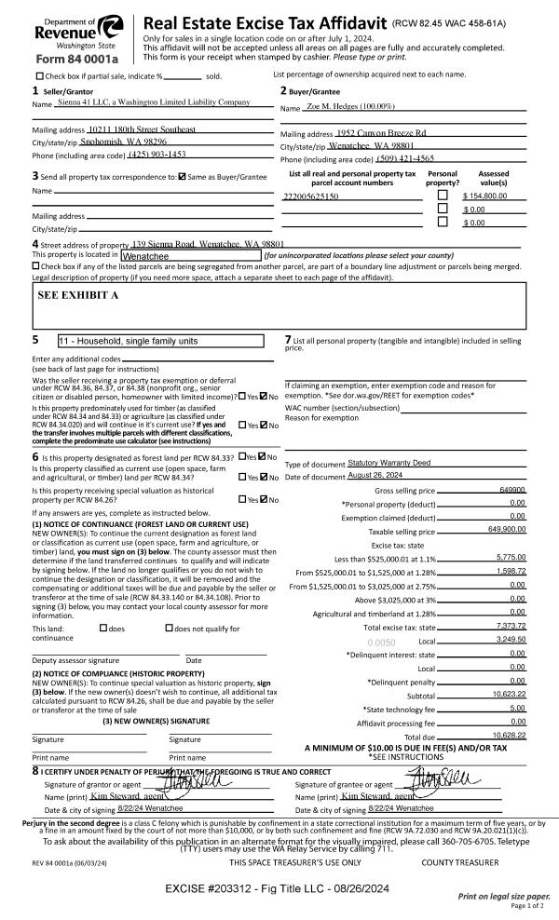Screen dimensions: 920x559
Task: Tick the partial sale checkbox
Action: coord(39,75)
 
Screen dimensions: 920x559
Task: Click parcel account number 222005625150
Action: coord(310,197)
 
